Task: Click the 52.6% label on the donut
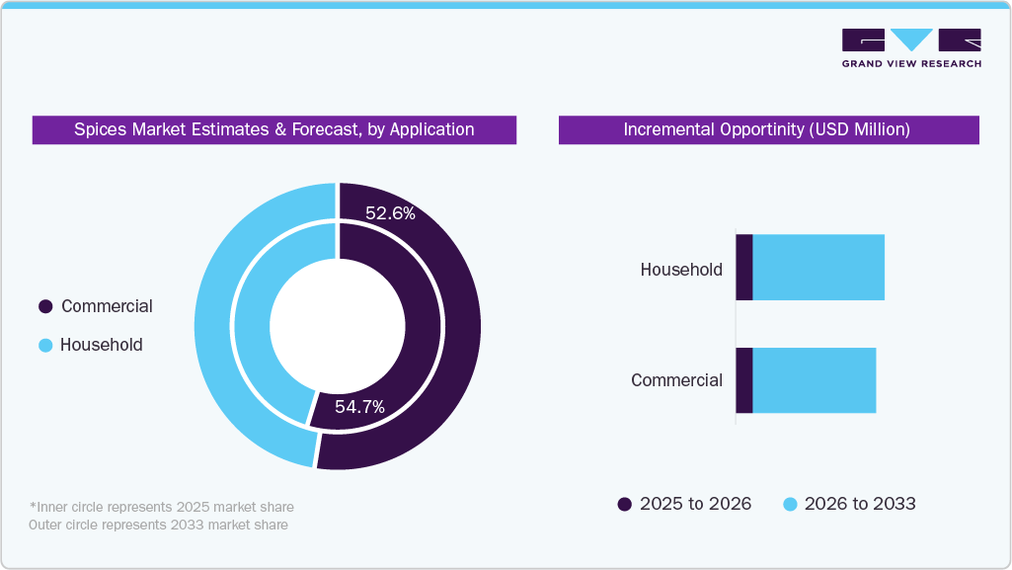[390, 213]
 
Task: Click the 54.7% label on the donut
[359, 407]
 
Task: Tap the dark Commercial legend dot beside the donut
[45, 306]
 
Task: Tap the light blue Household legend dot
[45, 346]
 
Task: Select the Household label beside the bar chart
[681, 269]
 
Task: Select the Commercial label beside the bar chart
[676, 380]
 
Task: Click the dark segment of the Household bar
[744, 268]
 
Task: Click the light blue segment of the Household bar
[818, 268]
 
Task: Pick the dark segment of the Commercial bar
[744, 380]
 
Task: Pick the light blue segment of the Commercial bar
[815, 380]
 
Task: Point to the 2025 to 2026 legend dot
[624, 504]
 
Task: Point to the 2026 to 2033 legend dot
[790, 504]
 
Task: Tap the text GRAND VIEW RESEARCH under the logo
[911, 63]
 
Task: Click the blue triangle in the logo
[911, 39]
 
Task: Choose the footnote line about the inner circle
[161, 507]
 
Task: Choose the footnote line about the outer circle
[158, 525]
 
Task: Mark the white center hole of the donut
[337, 326]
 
